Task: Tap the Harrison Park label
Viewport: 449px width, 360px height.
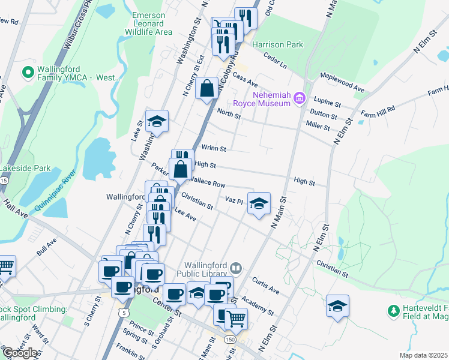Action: pos(277,44)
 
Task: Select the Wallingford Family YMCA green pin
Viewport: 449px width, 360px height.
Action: pos(27,73)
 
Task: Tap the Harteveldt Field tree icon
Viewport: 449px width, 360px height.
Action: pos(393,311)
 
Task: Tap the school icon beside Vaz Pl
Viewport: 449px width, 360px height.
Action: pos(259,203)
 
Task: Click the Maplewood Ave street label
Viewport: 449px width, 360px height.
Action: pos(342,82)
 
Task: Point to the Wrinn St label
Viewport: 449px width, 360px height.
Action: pos(214,148)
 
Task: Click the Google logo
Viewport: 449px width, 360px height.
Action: pos(20,353)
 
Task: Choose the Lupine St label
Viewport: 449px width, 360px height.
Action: pos(328,103)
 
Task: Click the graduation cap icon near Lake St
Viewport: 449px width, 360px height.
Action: pos(157,121)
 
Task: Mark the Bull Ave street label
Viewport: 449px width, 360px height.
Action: pos(47,247)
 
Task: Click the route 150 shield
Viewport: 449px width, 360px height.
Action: pos(230,340)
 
